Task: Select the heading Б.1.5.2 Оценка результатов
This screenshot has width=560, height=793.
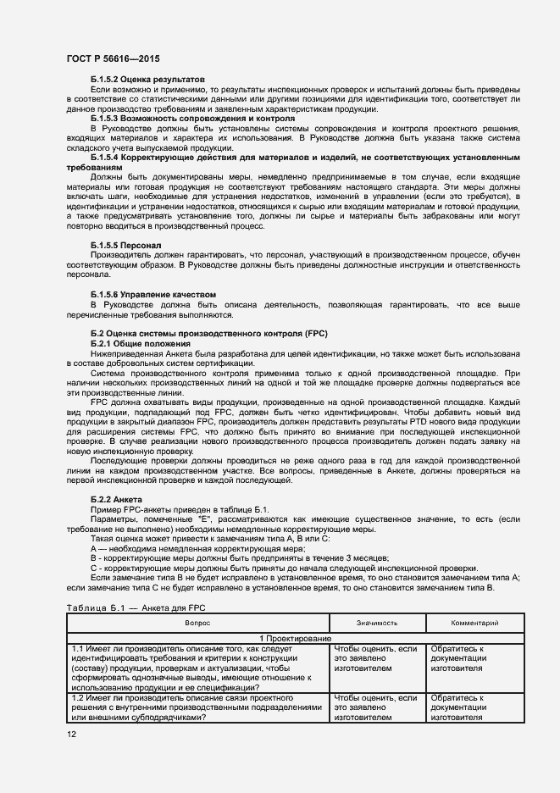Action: [x=142, y=78]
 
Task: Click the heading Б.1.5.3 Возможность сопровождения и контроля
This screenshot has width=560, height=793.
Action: [x=192, y=119]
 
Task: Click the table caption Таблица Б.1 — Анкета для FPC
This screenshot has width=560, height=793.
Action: [x=135, y=607]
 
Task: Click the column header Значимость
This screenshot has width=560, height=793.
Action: [x=377, y=623]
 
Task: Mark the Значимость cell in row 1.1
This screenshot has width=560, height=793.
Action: [x=377, y=658]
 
